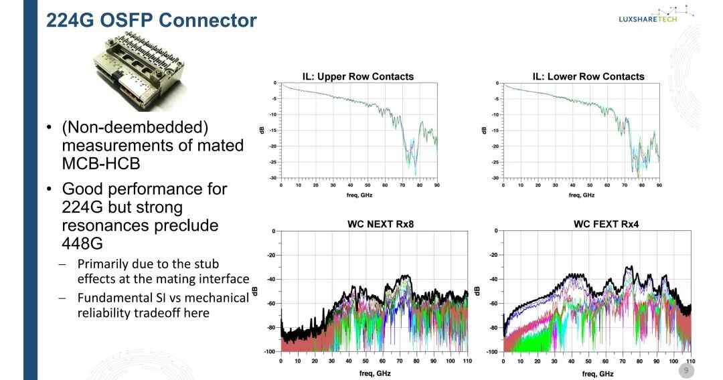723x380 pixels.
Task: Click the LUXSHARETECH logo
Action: tap(655, 14)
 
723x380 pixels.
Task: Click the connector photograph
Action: tap(139, 72)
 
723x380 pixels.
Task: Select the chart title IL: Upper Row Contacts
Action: tap(357, 76)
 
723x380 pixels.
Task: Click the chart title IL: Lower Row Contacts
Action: tap(588, 76)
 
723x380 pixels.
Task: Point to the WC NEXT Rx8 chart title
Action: tap(380, 224)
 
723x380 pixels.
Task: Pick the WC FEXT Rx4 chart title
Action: tap(606, 224)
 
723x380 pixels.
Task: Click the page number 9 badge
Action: tap(686, 371)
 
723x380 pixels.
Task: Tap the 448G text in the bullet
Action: tap(82, 244)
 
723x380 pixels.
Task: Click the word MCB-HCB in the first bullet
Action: tap(101, 163)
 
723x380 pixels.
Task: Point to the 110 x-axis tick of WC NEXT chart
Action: tap(467, 361)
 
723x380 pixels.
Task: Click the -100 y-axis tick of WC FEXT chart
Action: tap(492, 352)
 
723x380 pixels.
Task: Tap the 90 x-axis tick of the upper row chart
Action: tap(436, 185)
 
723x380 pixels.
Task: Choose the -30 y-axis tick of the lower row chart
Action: tap(495, 178)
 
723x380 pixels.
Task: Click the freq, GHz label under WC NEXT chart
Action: tap(375, 373)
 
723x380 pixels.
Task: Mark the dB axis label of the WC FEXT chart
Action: tap(478, 291)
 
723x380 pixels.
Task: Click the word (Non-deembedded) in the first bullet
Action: tap(135, 128)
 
